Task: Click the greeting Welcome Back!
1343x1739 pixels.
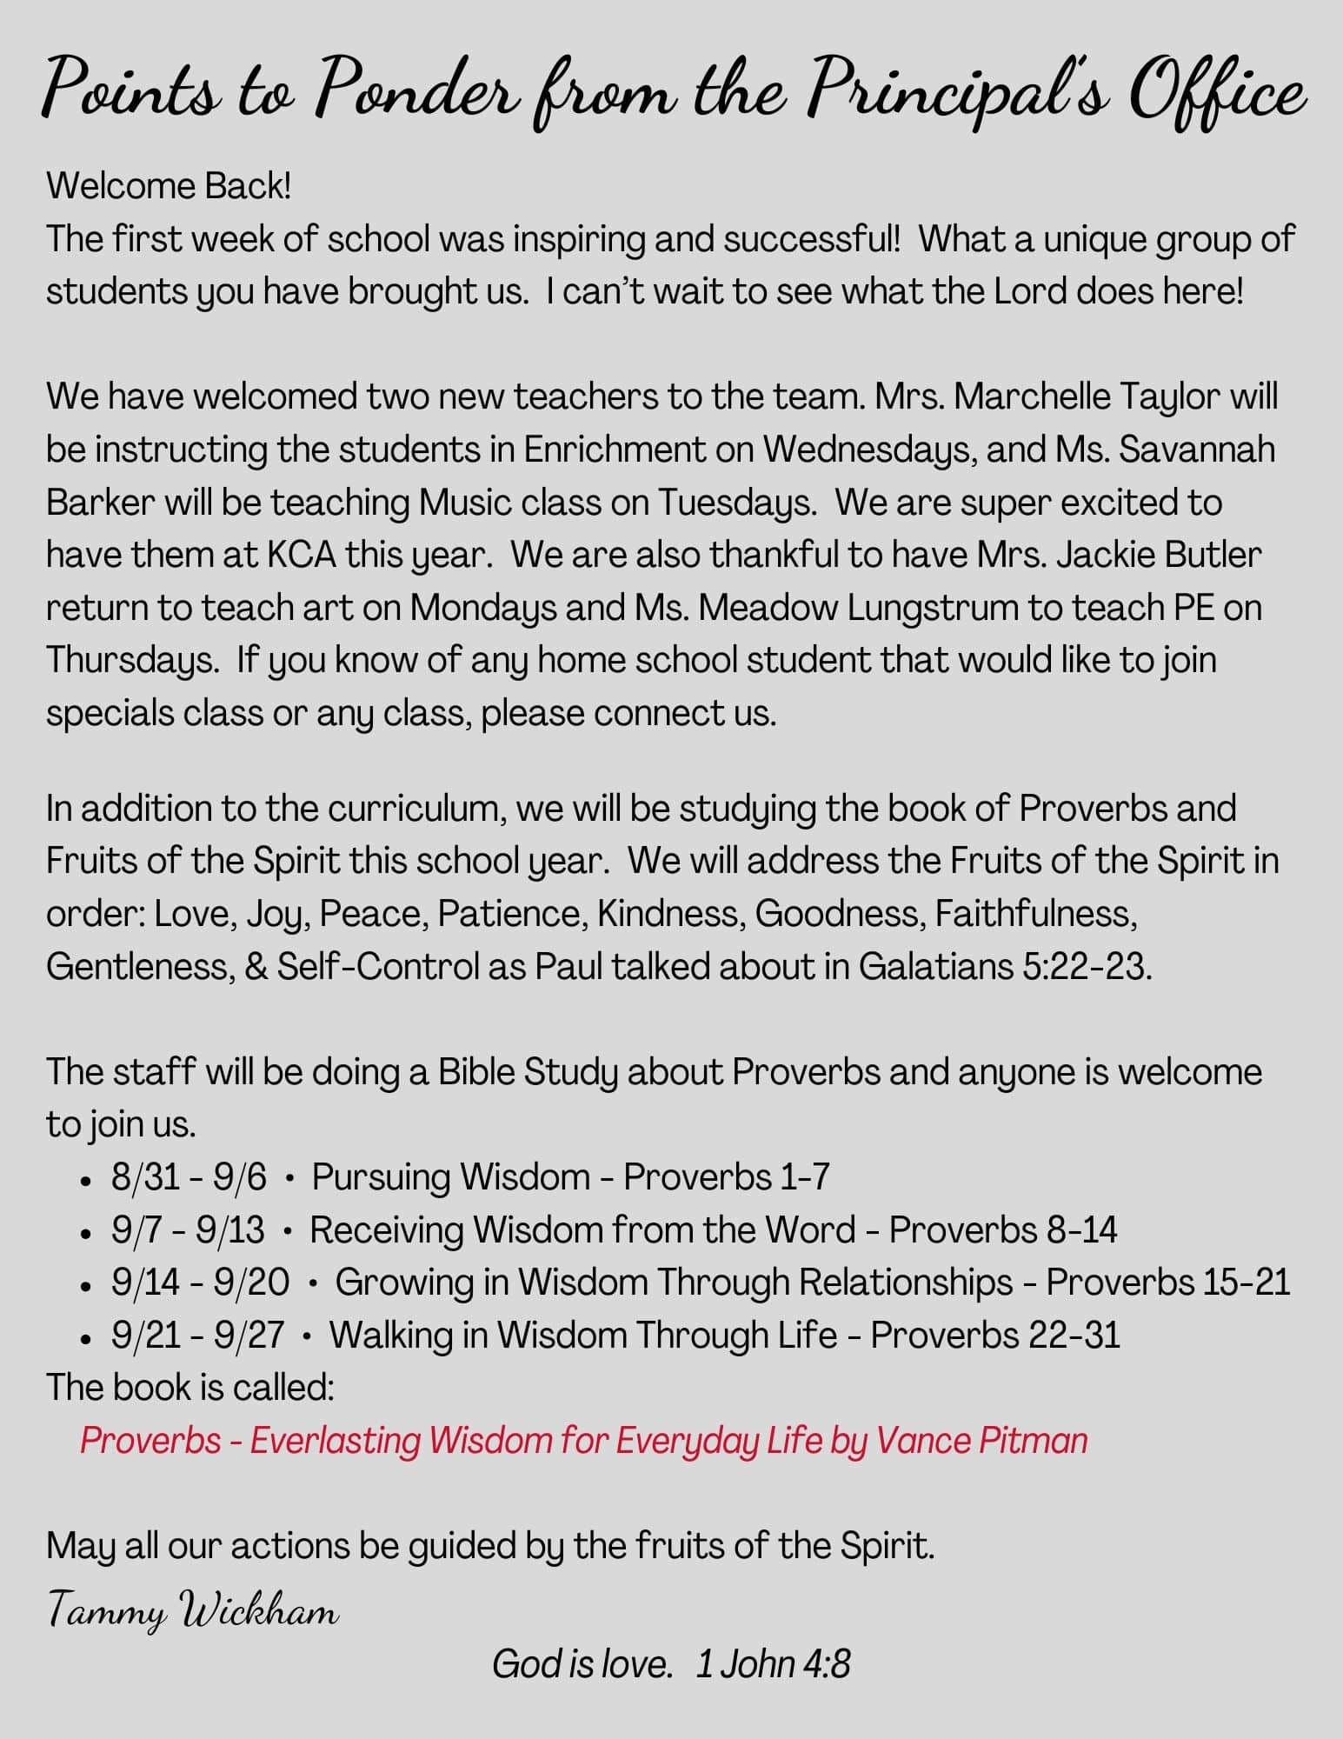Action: coord(169,186)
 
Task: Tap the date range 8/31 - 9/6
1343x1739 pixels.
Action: coord(189,1177)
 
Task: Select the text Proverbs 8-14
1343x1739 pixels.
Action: coord(1003,1230)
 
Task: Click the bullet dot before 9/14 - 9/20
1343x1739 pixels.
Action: coord(85,1285)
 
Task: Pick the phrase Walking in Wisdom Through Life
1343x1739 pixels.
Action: coord(583,1336)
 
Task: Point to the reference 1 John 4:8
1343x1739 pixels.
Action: coord(773,1664)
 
